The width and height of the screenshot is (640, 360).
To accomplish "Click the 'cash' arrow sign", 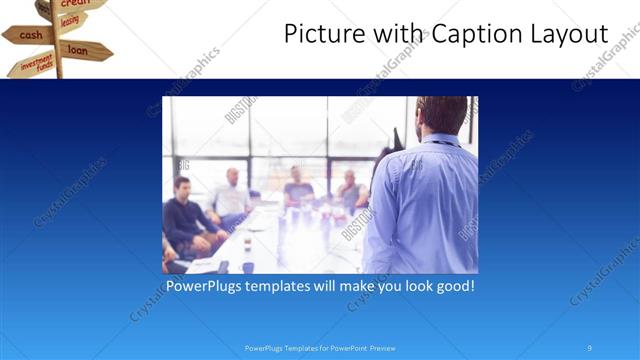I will pos(29,35).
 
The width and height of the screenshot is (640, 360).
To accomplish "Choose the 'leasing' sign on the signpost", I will pos(70,20).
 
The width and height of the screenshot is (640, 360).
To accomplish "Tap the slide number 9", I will pos(590,348).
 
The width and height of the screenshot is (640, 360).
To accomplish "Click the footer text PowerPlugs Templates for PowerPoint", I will pos(320,348).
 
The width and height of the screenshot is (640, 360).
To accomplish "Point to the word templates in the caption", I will pos(293,286).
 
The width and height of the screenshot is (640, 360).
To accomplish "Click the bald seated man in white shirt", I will pos(232,195).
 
